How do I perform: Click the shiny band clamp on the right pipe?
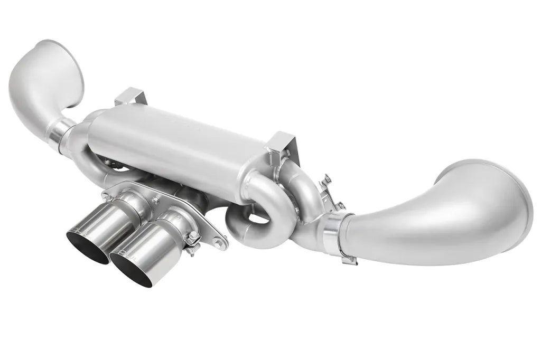[x=335, y=233]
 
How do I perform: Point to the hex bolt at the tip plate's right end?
[x=218, y=242]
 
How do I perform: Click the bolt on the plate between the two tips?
[x=156, y=200]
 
